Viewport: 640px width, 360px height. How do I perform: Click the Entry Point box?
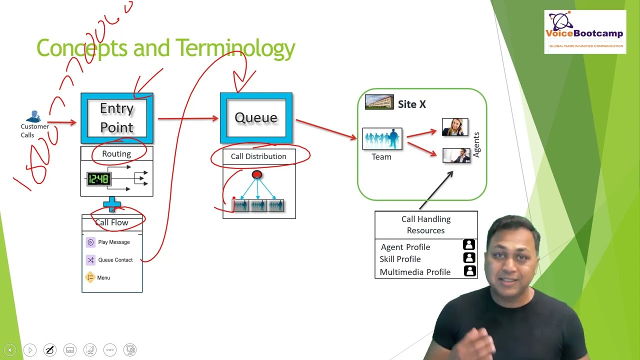tap(117, 118)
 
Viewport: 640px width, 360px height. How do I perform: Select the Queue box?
tap(256, 118)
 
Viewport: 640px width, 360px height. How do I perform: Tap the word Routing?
tap(116, 154)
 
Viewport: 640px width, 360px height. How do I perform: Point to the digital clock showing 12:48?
tap(98, 179)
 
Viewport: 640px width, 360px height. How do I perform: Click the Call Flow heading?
tap(112, 222)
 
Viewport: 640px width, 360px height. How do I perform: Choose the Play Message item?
tap(113, 242)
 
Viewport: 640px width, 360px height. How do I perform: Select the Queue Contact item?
tap(115, 260)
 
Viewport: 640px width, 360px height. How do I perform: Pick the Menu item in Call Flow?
tap(103, 277)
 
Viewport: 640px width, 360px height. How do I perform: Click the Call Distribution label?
tap(258, 156)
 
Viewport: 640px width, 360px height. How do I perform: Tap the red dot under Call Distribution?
tap(257, 174)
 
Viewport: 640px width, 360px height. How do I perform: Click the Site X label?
tap(412, 104)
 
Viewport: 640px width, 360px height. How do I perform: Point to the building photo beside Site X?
tap(379, 102)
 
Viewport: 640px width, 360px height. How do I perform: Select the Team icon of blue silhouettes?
tap(382, 139)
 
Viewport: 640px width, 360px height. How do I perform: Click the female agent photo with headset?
tap(455, 127)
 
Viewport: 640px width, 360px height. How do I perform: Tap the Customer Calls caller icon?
tap(34, 116)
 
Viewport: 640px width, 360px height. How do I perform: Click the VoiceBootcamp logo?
tap(585, 32)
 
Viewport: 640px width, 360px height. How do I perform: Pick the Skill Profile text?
tap(400, 259)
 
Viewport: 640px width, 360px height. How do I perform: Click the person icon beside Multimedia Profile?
tap(469, 271)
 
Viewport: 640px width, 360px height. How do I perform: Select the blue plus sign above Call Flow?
tap(112, 204)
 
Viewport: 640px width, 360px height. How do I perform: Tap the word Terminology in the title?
tap(235, 48)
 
